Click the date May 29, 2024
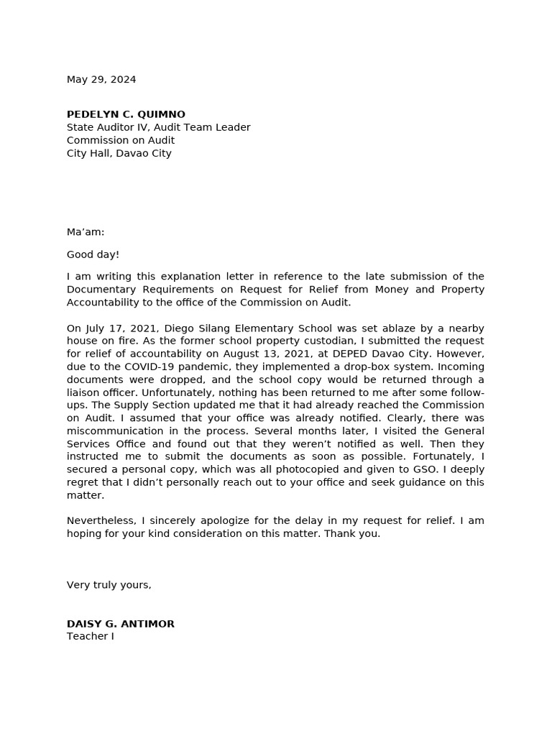101,80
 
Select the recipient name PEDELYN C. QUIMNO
126,114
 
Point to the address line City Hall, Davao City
119,153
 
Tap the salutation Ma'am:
86,232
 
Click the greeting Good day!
93,254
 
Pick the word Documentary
99,290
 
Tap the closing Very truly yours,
109,585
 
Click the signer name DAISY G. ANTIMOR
121,624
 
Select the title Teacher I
91,637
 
